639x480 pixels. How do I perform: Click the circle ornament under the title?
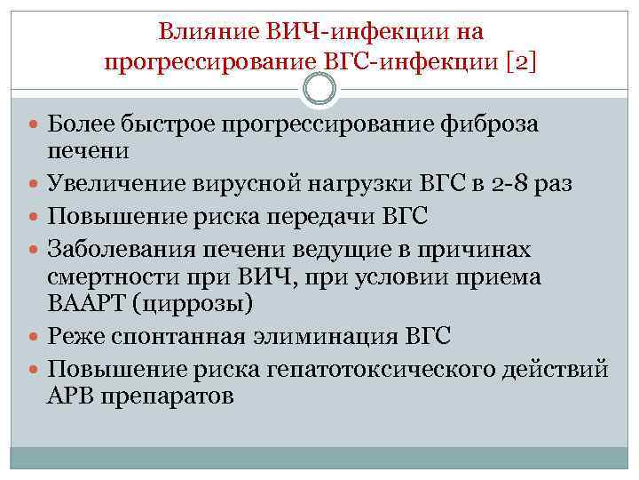[x=319, y=89]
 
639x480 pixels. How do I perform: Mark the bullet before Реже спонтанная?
[x=36, y=337]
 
